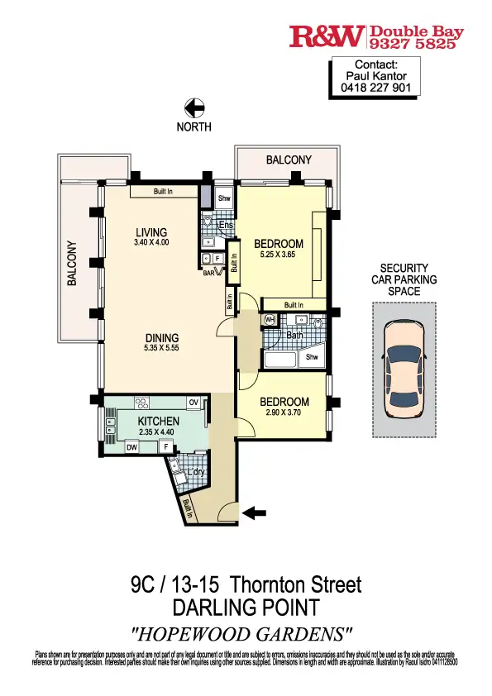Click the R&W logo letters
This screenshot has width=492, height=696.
[x=327, y=36]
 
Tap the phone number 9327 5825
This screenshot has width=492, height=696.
[x=413, y=44]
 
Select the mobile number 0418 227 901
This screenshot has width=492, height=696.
[x=376, y=88]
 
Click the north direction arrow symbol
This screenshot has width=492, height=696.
[x=194, y=107]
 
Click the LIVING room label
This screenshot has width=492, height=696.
[x=151, y=232]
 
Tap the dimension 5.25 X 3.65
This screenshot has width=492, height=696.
[x=278, y=255]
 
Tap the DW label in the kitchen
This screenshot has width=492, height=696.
[x=131, y=447]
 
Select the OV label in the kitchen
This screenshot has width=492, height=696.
[x=194, y=403]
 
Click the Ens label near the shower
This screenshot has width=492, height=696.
[x=223, y=224]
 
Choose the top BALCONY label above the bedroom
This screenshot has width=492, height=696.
[x=289, y=160]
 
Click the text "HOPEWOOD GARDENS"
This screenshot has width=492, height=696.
[x=245, y=634]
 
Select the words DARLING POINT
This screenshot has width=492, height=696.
[x=246, y=609]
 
